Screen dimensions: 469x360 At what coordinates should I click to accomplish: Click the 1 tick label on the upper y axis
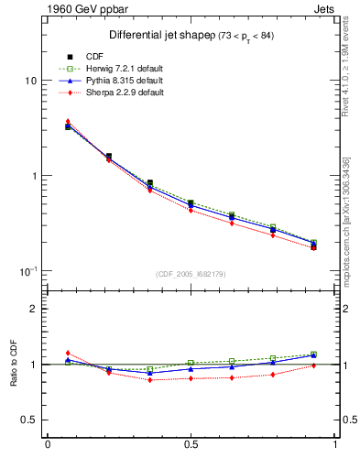point(34,176)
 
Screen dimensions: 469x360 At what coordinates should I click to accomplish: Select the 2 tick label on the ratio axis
point(34,309)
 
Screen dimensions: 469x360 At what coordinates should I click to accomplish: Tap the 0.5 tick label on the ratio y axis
point(29,420)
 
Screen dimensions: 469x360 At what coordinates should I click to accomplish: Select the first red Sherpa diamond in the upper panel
point(69,122)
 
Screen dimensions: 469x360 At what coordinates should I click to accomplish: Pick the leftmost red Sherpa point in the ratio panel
point(69,353)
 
